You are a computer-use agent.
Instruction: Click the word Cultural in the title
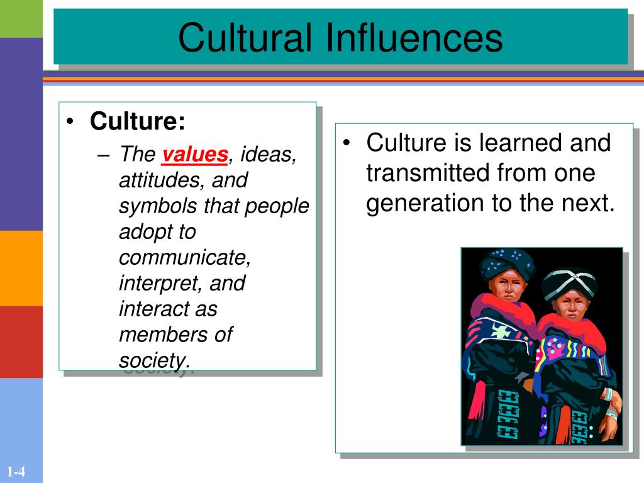[245, 38]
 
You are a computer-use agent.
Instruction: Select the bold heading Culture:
[138, 121]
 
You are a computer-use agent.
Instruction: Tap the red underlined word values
[195, 155]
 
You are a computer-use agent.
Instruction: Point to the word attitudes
[162, 180]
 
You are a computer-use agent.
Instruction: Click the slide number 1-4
[16, 471]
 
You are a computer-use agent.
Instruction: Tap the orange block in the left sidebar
[21, 268]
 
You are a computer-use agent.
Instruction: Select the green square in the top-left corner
[21, 19]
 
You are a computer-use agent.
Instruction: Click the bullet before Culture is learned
[347, 143]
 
